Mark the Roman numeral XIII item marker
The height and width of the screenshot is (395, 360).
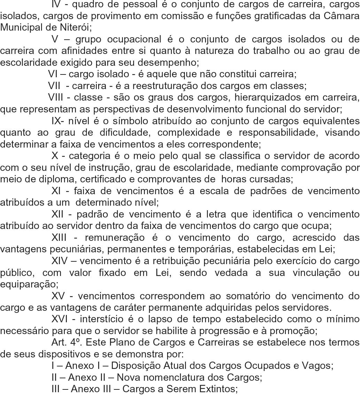pos(62,238)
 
